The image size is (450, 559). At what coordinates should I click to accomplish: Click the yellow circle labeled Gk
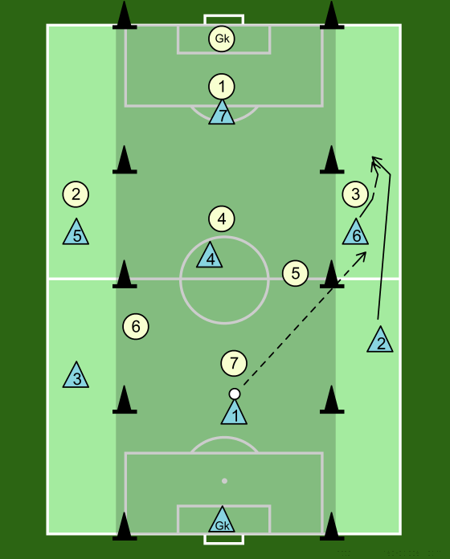point(222,38)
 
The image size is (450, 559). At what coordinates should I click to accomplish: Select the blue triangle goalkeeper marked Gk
point(222,521)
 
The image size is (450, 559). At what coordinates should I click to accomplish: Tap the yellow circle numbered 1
point(222,87)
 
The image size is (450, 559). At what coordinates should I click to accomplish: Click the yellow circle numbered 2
point(76,194)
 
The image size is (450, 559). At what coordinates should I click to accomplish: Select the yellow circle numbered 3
point(355,194)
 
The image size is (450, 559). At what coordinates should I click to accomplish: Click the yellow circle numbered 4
point(222,218)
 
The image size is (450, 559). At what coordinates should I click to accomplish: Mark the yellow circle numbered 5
point(295,273)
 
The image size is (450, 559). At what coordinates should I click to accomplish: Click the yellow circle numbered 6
point(136,326)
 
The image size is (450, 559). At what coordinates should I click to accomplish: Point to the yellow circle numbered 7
point(234,363)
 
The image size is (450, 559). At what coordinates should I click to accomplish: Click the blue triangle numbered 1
point(234,414)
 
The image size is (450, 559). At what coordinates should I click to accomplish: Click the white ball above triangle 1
point(235,394)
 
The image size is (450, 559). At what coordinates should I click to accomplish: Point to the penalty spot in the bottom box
point(224,481)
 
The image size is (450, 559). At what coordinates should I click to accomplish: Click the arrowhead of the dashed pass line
point(363,255)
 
